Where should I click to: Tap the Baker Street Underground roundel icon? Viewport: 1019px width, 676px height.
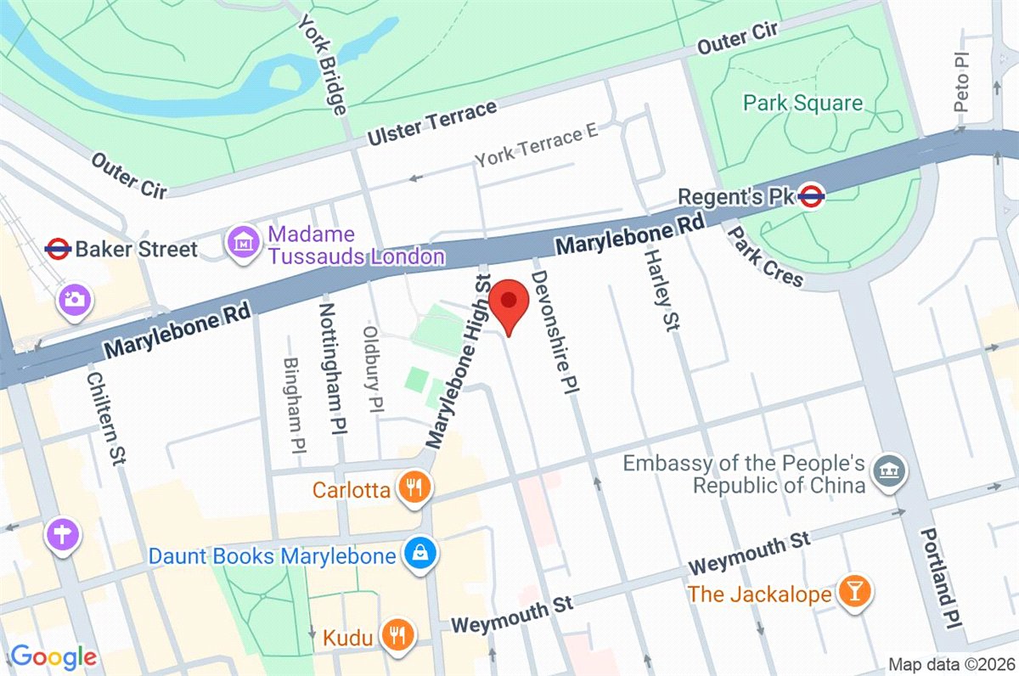tap(58, 248)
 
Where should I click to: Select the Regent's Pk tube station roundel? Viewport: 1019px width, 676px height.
tap(812, 196)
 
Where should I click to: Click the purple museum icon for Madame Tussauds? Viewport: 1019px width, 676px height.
tap(245, 243)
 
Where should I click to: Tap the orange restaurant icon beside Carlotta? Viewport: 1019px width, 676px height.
tap(415, 487)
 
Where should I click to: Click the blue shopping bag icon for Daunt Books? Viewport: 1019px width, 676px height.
tap(419, 555)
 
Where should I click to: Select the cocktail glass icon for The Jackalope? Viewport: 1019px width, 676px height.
tap(852, 594)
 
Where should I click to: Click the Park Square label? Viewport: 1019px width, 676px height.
tap(802, 104)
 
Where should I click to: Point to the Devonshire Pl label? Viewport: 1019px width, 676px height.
tap(553, 333)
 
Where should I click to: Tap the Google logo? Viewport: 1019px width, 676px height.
tap(53, 656)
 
